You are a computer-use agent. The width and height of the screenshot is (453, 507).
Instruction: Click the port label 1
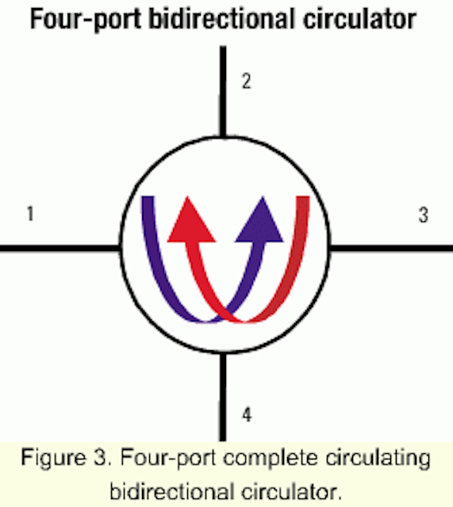(x=30, y=214)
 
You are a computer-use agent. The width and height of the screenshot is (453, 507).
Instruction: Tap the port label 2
(x=247, y=81)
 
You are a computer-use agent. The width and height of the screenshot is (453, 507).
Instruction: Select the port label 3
(x=424, y=215)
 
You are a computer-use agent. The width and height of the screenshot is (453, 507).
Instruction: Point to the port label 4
(x=247, y=414)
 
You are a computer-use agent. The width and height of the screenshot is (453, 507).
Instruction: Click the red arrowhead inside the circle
(x=191, y=223)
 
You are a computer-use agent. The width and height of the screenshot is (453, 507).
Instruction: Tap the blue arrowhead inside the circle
(x=259, y=223)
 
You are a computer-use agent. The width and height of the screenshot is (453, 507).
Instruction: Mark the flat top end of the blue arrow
(x=148, y=196)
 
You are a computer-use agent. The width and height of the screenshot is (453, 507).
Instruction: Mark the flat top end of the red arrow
(x=303, y=196)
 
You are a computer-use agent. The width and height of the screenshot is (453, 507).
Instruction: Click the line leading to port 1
(x=60, y=248)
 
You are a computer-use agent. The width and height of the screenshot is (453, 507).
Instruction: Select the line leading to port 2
(x=223, y=92)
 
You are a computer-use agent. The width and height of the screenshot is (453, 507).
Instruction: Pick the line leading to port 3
(x=391, y=248)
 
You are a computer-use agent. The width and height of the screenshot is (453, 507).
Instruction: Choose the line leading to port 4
(x=223, y=397)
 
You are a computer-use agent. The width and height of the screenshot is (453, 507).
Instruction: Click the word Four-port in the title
(x=86, y=19)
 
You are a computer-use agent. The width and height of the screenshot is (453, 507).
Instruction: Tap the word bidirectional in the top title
(x=223, y=19)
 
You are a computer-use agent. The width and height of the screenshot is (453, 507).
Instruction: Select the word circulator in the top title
(x=359, y=19)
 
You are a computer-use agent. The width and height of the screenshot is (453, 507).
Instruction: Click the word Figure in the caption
(x=54, y=459)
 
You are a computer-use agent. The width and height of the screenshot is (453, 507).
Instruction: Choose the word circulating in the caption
(x=378, y=459)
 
